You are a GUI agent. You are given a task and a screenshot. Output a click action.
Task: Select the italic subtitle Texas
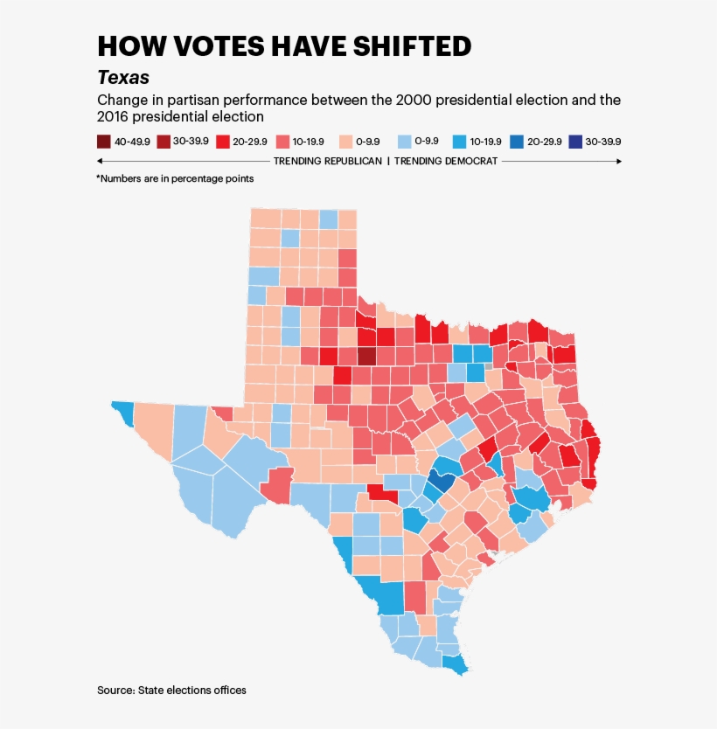(123, 78)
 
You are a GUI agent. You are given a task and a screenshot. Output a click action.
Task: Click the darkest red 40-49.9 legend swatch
(104, 142)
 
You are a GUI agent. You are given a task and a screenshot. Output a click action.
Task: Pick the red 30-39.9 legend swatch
(164, 142)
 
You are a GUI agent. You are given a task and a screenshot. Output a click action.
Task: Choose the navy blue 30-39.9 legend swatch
(575, 142)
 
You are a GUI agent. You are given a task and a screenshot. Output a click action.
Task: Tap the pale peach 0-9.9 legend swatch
(344, 142)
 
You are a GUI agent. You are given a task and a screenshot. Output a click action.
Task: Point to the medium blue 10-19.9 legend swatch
(458, 142)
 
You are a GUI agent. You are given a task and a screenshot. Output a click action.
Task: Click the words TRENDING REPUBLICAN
(328, 162)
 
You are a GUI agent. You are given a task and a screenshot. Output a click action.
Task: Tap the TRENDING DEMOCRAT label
(446, 162)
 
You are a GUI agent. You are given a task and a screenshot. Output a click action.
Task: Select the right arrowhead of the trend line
(619, 162)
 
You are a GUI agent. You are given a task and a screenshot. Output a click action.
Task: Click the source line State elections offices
(171, 691)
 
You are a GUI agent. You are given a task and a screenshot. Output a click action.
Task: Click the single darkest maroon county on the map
(366, 356)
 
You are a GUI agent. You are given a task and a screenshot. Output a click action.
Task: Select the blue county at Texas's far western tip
(122, 412)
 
